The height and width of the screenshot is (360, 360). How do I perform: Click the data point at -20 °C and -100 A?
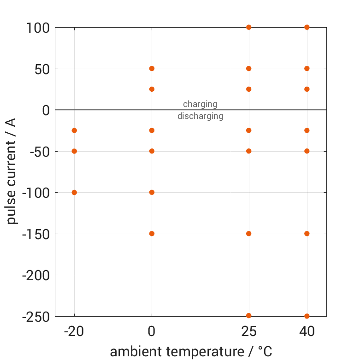point(74,192)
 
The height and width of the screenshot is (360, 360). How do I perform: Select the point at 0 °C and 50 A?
point(152,69)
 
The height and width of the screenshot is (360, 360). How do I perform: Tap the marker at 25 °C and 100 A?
point(249,27)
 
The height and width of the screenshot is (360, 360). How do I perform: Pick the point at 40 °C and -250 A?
point(307,316)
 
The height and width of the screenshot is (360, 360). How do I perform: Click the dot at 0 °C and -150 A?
point(152,234)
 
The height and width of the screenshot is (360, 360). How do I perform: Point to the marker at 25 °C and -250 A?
point(249,316)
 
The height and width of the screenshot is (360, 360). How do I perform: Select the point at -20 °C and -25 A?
point(74,130)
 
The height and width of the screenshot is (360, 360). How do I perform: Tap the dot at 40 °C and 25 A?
point(307,89)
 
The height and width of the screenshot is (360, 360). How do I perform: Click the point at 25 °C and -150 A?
point(249,234)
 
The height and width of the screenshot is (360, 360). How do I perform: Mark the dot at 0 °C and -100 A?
point(152,192)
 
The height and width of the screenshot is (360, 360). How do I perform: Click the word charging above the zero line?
point(200,104)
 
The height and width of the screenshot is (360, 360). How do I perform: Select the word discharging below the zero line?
point(200,116)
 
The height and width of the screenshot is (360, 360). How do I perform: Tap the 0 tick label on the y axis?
point(45,110)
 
